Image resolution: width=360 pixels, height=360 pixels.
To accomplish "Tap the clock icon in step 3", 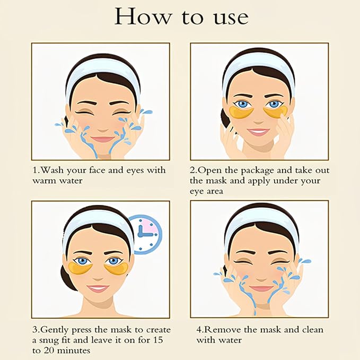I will (145, 233).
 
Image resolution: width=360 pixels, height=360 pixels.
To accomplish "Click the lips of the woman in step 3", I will (98, 288).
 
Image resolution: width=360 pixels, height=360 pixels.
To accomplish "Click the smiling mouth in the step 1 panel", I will (102, 139).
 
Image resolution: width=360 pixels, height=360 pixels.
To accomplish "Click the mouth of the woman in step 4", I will (261, 288).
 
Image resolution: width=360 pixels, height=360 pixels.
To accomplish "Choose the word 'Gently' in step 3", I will (59, 329).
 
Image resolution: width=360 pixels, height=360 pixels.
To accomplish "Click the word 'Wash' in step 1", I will (53, 170).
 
